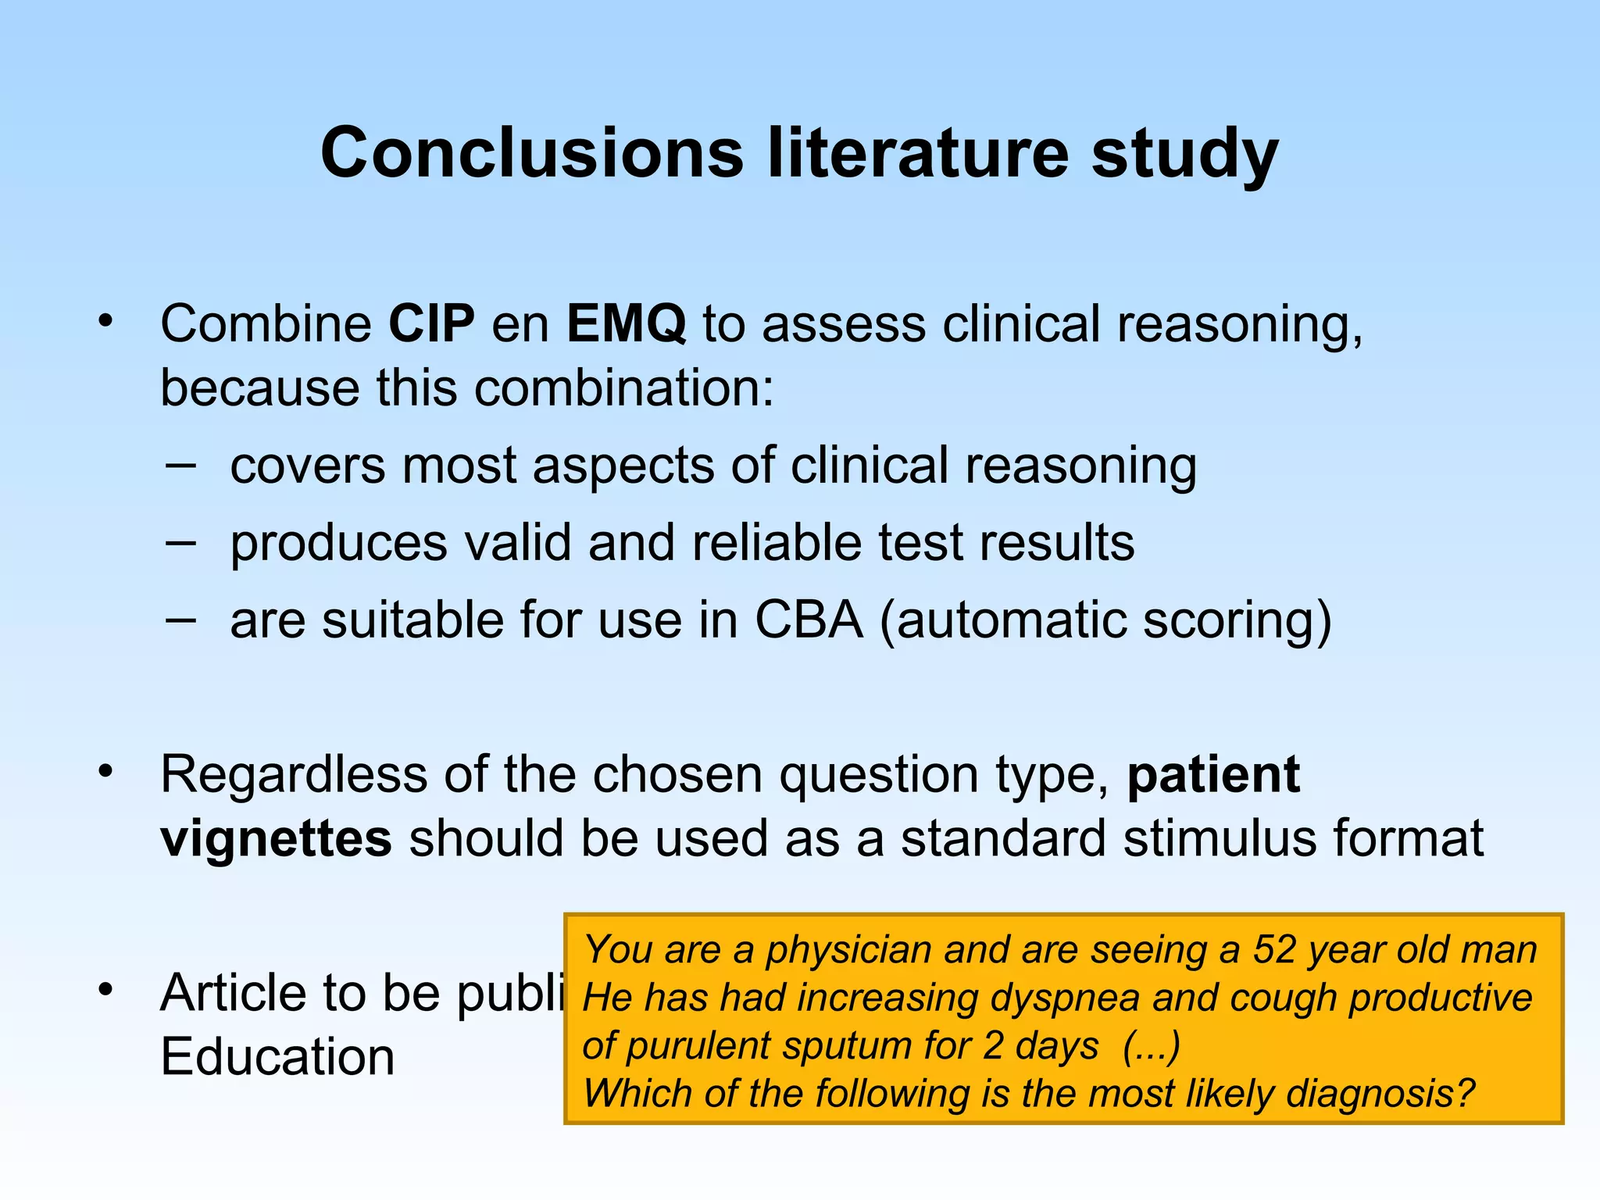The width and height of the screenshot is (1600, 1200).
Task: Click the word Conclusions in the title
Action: pos(531,153)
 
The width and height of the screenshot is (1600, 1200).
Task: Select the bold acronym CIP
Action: pos(431,323)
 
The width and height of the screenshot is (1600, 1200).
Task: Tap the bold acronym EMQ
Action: pos(626,325)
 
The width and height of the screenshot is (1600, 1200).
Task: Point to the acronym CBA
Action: pos(809,620)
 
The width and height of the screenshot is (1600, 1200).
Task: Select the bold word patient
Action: pos(1213,776)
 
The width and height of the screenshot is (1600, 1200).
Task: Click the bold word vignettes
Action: pos(276,838)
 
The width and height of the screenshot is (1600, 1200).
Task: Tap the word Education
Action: pos(277,1057)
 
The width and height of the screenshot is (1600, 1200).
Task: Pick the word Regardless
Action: pos(293,776)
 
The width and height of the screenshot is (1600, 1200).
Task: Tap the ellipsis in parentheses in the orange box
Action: pos(1151,1046)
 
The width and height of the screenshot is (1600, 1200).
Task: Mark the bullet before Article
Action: pos(106,990)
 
